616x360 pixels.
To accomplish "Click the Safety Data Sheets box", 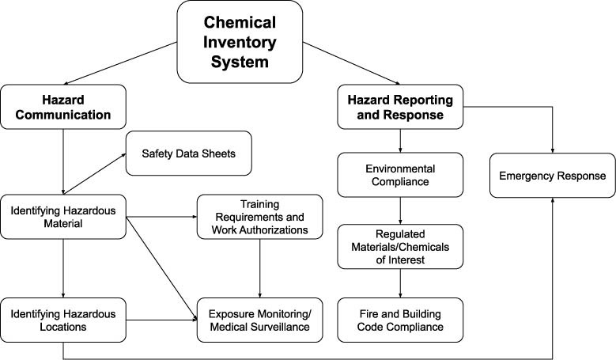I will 189,153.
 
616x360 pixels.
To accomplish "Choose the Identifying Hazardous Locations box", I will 63,320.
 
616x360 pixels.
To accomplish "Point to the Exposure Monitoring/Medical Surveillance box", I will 260,320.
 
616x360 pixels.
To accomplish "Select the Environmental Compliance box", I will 400,176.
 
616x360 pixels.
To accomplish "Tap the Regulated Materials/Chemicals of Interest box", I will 400,246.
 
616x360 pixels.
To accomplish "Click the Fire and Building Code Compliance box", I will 400,320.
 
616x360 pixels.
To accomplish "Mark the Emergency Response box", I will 552,175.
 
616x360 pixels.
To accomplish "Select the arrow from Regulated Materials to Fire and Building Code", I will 401,283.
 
